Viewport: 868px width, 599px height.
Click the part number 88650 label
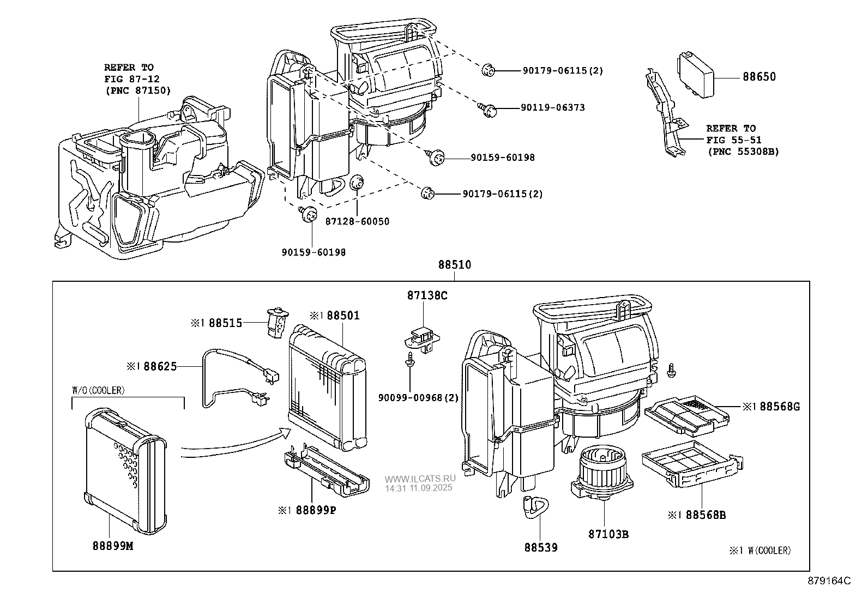[x=759, y=77]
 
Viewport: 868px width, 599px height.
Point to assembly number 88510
[x=455, y=265]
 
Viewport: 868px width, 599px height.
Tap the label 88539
[x=541, y=547]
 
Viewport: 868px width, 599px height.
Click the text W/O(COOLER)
[x=99, y=390]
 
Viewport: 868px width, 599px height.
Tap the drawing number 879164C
[x=829, y=581]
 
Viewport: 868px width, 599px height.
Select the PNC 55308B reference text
[x=743, y=152]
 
